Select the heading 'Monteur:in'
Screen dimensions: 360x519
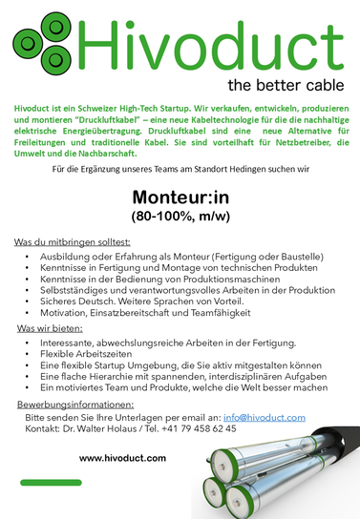[x=180, y=198]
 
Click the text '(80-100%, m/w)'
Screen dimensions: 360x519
[x=180, y=218]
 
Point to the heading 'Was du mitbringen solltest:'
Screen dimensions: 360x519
[x=73, y=242]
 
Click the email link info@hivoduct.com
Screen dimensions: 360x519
[x=264, y=418]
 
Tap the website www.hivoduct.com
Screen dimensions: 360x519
[x=122, y=458]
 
